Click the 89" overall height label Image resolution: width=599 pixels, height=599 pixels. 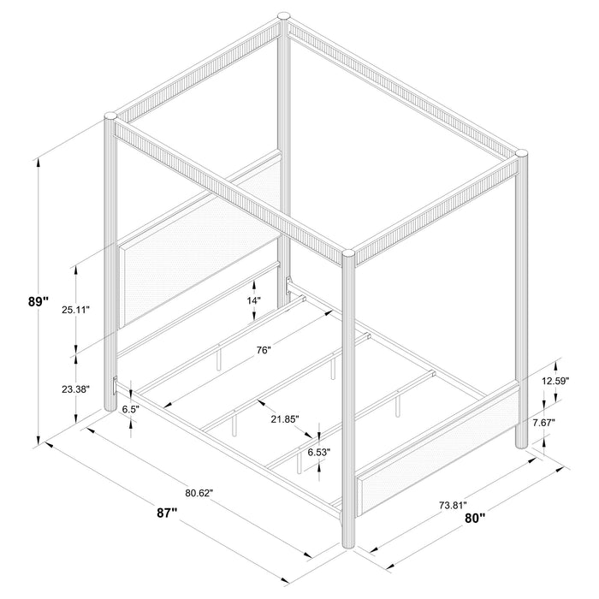(x=38, y=301)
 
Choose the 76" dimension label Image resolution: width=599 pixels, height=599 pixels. (x=263, y=349)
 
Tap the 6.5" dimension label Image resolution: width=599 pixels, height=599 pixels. (x=131, y=410)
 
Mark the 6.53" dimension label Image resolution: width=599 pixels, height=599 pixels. (x=318, y=451)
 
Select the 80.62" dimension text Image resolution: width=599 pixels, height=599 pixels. (x=198, y=492)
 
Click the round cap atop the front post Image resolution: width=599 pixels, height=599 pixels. (x=348, y=253)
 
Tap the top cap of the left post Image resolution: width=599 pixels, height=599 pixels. (x=109, y=116)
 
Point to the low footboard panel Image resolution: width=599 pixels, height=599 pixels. (x=441, y=450)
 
